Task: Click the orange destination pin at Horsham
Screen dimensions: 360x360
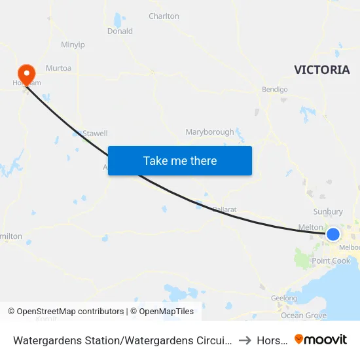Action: tap(27, 72)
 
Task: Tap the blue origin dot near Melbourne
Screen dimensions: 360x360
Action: tap(333, 234)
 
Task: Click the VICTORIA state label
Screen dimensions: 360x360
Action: tap(321, 70)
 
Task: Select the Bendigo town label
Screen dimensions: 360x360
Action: tap(275, 89)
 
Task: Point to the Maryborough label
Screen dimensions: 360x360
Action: tap(209, 132)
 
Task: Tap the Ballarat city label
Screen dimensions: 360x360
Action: tap(224, 209)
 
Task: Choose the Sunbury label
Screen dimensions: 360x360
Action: tap(328, 211)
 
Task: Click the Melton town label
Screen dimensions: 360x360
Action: tap(310, 226)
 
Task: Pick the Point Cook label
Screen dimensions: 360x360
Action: tap(331, 261)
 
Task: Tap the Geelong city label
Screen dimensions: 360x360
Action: tap(283, 298)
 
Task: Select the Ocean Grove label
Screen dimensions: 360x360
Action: tap(303, 315)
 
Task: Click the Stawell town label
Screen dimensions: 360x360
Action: tap(95, 134)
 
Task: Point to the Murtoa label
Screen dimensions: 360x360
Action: tap(58, 68)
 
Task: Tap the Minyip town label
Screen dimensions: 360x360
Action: tap(73, 45)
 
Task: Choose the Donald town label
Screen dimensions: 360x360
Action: tap(120, 31)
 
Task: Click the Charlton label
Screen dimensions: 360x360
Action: tap(164, 16)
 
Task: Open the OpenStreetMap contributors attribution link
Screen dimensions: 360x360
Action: tap(70, 312)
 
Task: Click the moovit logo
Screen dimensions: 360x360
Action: tap(321, 339)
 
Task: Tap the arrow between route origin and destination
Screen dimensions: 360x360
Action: tap(244, 340)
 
